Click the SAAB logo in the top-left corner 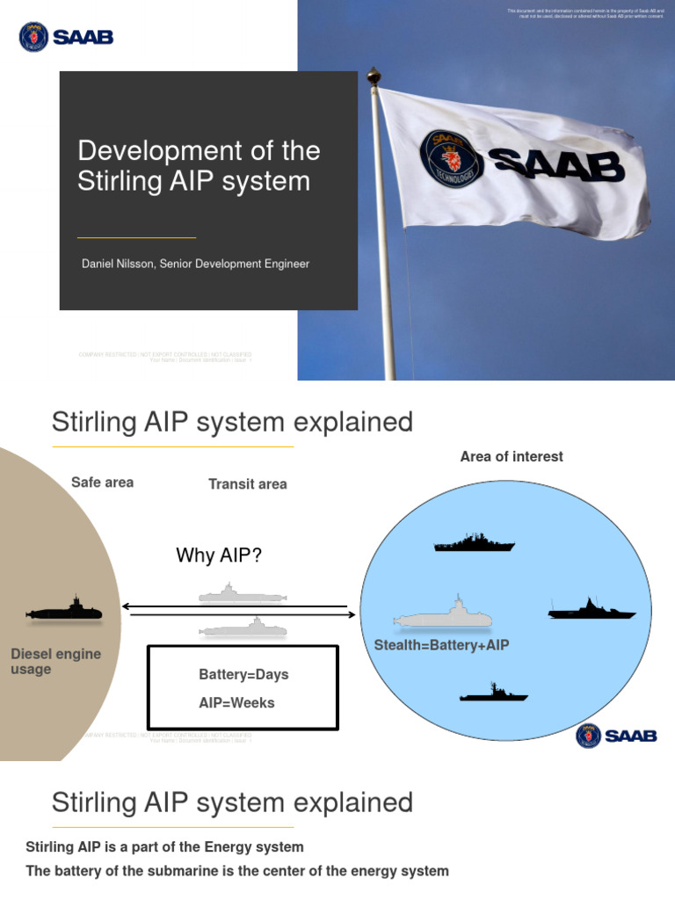click(66, 37)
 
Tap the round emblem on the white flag click(452, 158)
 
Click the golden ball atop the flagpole click(374, 76)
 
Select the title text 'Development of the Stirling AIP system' click(199, 165)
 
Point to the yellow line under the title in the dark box click(136, 237)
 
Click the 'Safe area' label click(102, 483)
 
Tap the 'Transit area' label click(247, 483)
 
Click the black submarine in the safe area click(65, 610)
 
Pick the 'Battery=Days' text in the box click(243, 675)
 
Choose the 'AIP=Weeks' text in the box click(236, 703)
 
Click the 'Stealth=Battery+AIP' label click(442, 645)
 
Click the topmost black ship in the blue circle click(474, 544)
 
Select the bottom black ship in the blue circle click(493, 694)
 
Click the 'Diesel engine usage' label click(55, 662)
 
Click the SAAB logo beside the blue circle click(616, 736)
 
